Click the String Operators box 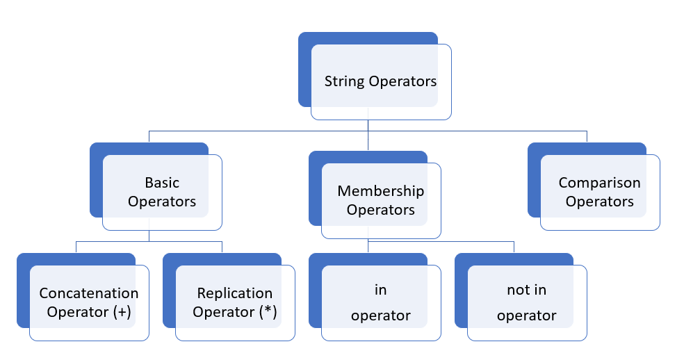point(380,81)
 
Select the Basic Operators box point(162,192)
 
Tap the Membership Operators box point(380,200)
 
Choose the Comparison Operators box point(599,192)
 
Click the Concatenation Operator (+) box point(89,302)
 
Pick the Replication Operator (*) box point(235,302)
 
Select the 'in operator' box point(380,302)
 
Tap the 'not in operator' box point(526,302)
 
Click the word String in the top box point(344,82)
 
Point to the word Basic point(162,183)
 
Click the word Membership point(380,191)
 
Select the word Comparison point(599,183)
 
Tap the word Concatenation point(89,293)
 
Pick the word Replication point(235,293)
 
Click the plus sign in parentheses point(122,312)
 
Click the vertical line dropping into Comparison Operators point(587,136)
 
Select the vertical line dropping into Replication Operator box point(222,247)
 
